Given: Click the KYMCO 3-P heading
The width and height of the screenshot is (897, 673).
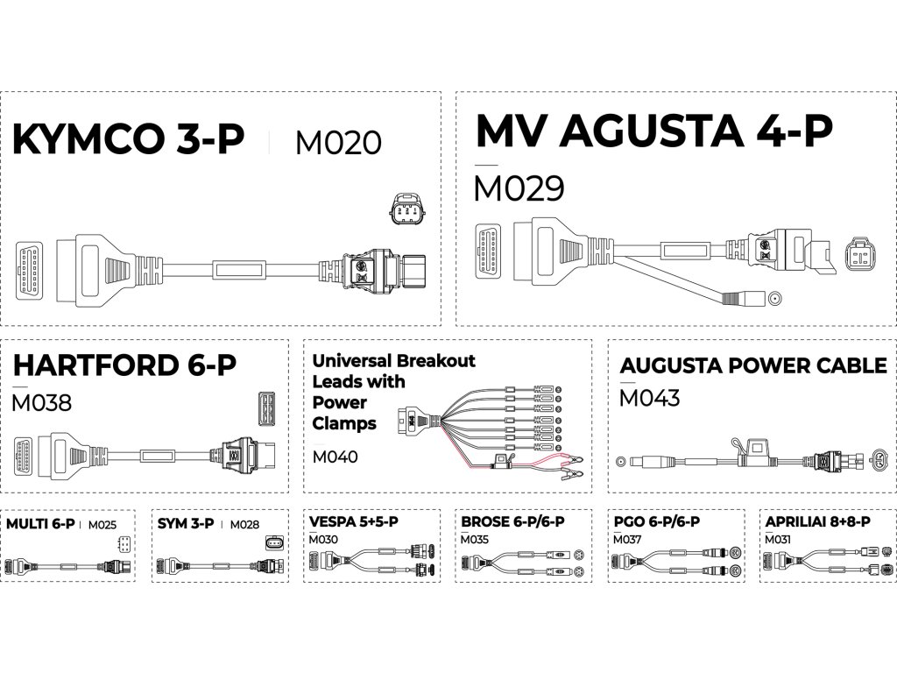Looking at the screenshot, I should (128, 140).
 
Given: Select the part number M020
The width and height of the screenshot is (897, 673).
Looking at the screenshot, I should (338, 143).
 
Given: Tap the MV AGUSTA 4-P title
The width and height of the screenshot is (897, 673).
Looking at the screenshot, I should (653, 132).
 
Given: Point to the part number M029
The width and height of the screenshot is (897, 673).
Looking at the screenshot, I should (519, 189).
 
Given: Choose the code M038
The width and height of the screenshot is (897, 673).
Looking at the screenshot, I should (42, 404).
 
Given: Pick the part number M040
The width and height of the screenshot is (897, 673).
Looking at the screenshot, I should (335, 457).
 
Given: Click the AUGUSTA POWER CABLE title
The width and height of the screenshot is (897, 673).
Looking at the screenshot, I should (752, 365).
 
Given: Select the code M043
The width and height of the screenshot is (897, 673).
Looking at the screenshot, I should (649, 399).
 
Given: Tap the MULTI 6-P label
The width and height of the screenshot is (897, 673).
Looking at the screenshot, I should (39, 525).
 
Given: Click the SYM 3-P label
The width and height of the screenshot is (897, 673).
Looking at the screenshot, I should (186, 525).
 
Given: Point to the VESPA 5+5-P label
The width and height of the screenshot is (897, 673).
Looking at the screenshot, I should (354, 521).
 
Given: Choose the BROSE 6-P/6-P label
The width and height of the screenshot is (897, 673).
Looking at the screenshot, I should (512, 521).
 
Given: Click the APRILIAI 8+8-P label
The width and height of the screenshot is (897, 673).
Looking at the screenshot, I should (816, 521).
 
